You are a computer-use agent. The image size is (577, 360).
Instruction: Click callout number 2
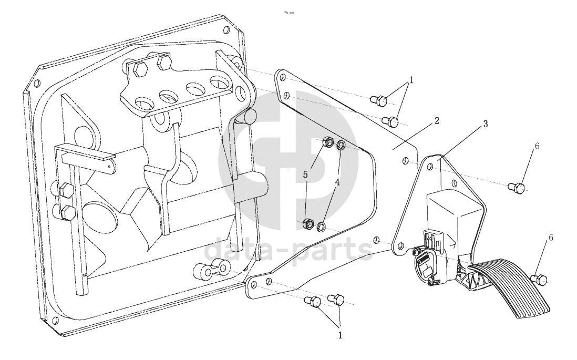coord(437,121)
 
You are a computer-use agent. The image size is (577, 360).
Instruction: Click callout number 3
coord(486,125)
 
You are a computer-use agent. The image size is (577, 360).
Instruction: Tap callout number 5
coord(305,175)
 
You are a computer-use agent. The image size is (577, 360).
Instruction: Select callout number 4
coord(337,181)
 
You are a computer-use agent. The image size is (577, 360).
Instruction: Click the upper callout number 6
coord(537,146)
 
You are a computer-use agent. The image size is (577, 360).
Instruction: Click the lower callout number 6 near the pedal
coord(551,238)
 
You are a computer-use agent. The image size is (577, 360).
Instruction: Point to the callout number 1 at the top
coord(411,80)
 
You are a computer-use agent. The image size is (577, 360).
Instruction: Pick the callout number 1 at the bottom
coord(341,335)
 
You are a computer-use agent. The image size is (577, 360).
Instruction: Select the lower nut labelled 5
coord(307,223)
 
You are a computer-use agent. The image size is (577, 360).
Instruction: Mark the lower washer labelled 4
coord(321,226)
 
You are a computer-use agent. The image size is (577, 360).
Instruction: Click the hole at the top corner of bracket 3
coord(429,167)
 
